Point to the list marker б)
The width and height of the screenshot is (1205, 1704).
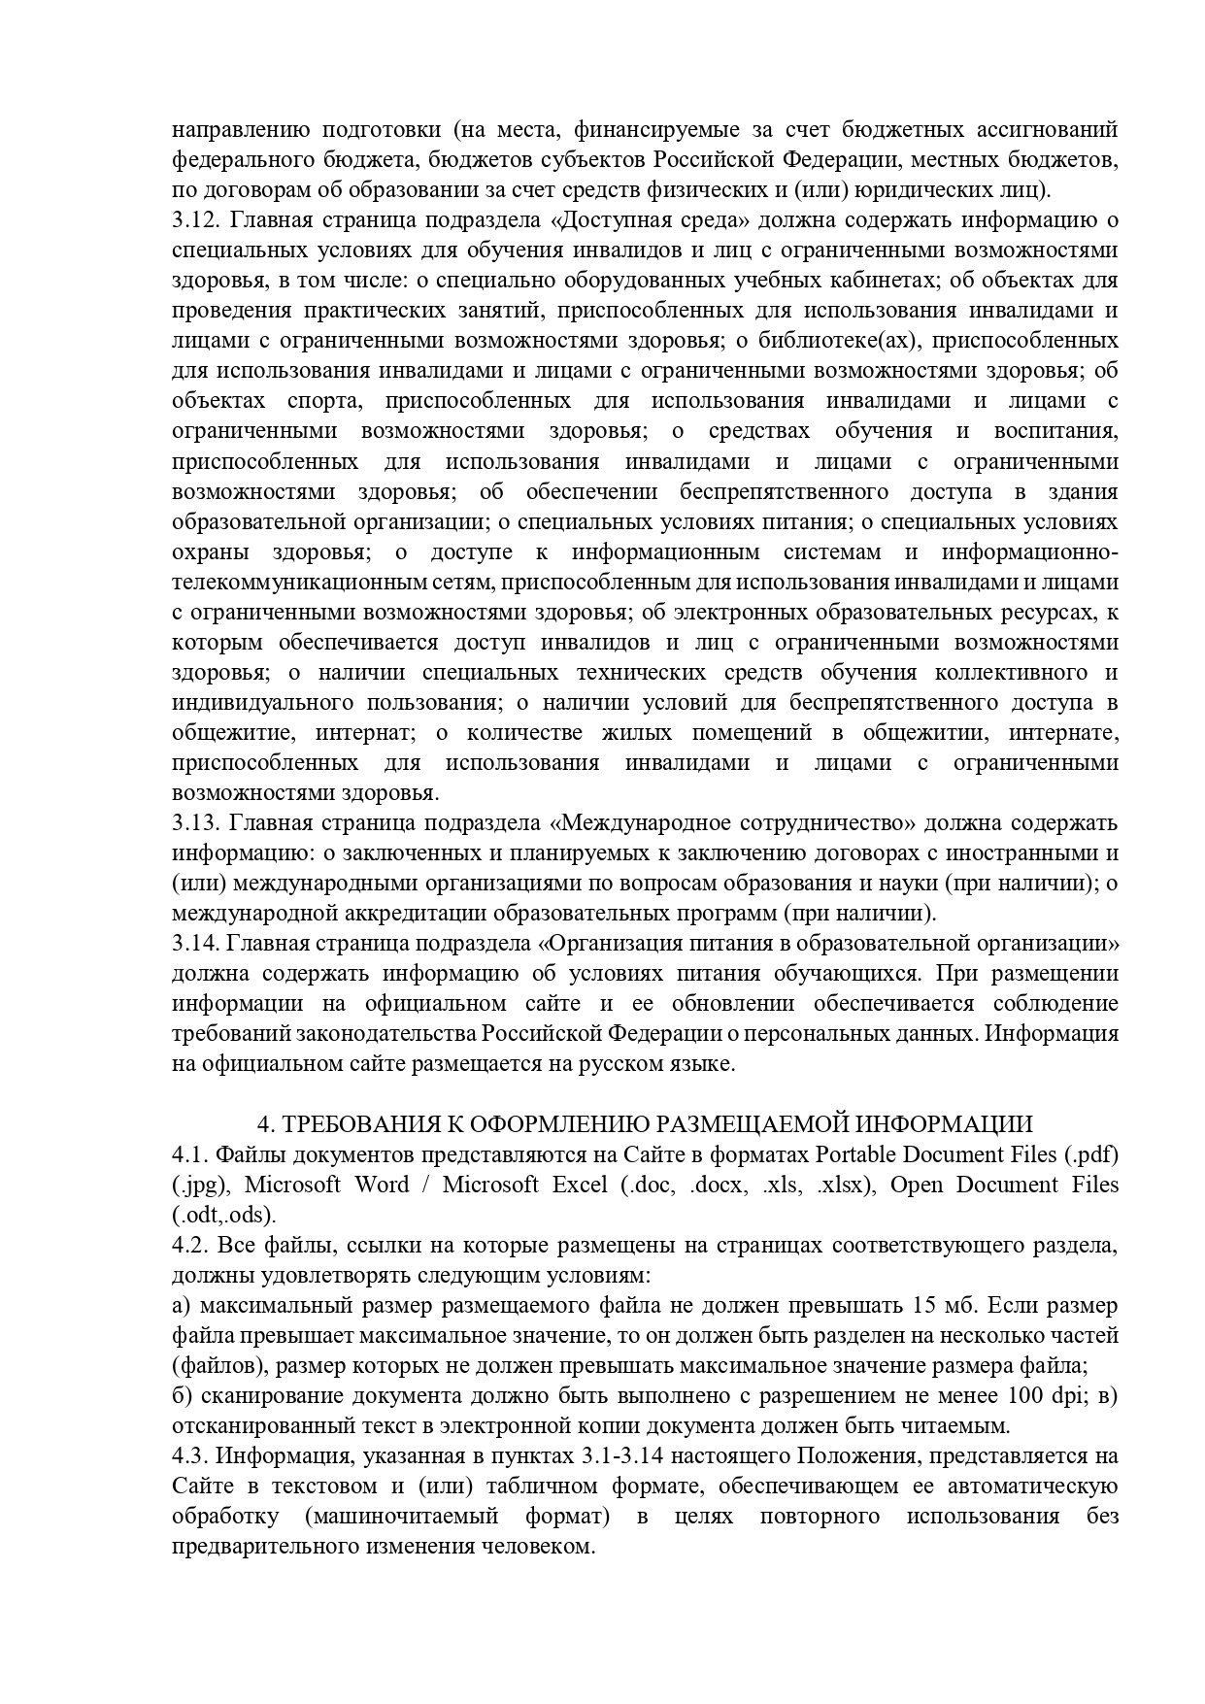pos(184,1395)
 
